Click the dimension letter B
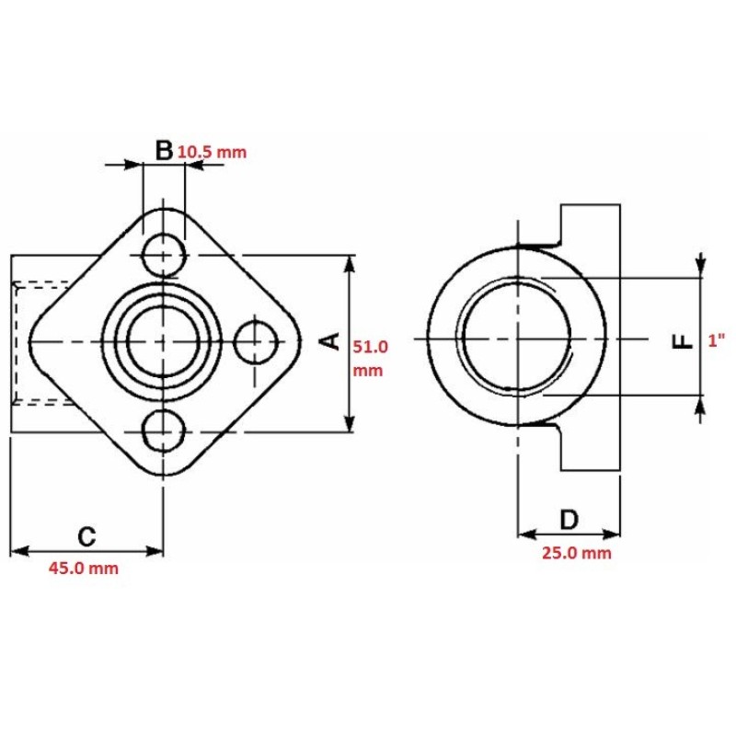164,150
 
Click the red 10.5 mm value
212,152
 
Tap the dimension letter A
330,341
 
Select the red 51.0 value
371,347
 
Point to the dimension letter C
86,536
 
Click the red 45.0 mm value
84,569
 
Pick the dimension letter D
569,520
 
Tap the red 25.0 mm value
577,553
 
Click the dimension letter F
684,341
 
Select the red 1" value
717,340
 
